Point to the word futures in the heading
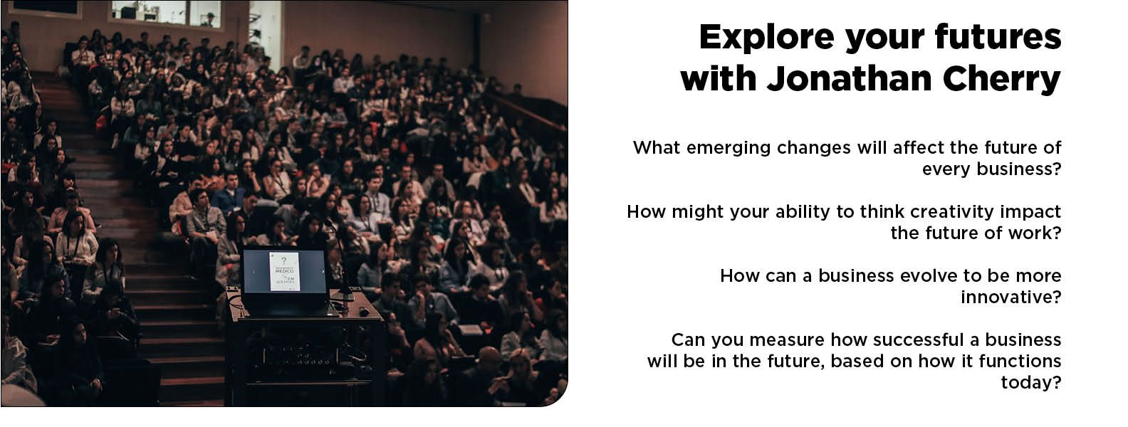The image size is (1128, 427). pos(998,37)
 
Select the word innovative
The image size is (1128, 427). pos(1010,297)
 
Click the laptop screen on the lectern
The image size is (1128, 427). pos(285,271)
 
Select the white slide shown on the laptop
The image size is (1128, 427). pos(285,271)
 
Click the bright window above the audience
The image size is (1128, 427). pos(166,14)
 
